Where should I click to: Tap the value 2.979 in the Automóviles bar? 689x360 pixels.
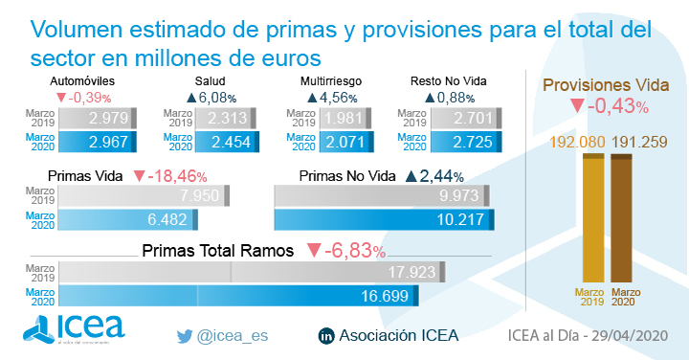tap(107, 119)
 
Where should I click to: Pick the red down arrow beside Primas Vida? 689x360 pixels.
tap(140, 176)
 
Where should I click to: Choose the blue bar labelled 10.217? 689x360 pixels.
tap(383, 219)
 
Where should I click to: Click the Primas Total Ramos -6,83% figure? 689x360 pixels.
tap(356, 252)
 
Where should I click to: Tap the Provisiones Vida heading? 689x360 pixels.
tap(606, 84)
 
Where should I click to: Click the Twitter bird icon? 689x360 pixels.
tap(185, 336)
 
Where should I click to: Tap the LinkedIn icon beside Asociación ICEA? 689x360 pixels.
tap(325, 336)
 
